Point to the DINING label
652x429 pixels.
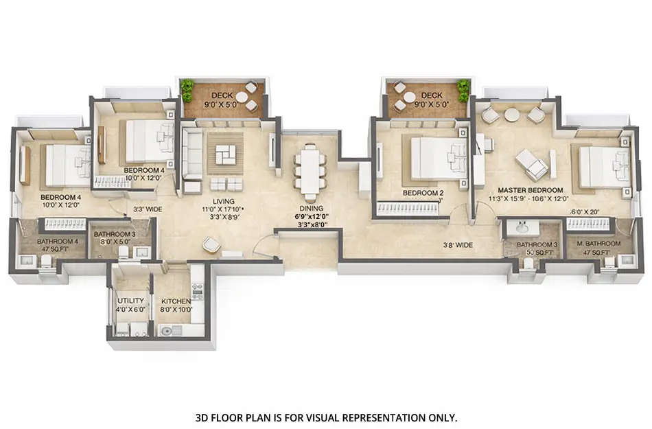pyautogui.click(x=310, y=207)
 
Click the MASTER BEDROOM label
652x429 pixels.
pyautogui.click(x=531, y=190)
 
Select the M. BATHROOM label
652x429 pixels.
pyautogui.click(x=594, y=244)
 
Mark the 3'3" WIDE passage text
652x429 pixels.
pyautogui.click(x=147, y=209)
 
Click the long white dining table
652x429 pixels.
pyautogui.click(x=310, y=170)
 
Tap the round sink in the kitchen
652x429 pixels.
pyautogui.click(x=167, y=331)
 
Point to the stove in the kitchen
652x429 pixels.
pyautogui.click(x=197, y=291)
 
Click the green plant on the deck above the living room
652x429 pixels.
pyautogui.click(x=187, y=89)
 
